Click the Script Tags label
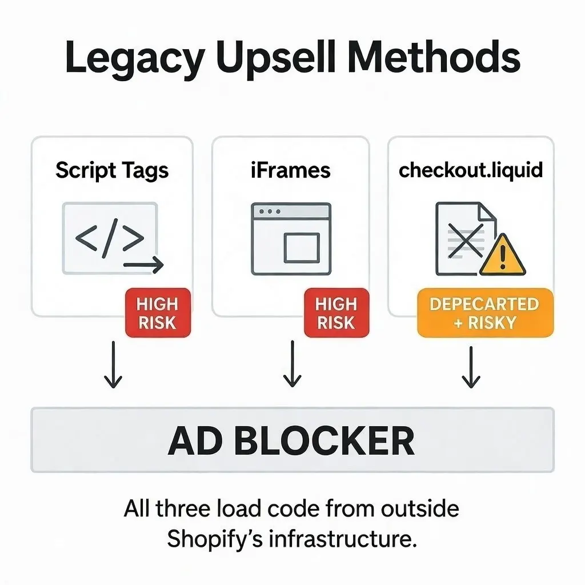click(112, 170)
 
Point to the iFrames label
click(290, 170)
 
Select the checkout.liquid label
click(470, 170)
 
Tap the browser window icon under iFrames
click(291, 239)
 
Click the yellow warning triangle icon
click(502, 256)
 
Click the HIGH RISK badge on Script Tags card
click(157, 312)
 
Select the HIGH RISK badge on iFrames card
click(336, 312)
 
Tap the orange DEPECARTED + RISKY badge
click(484, 312)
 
